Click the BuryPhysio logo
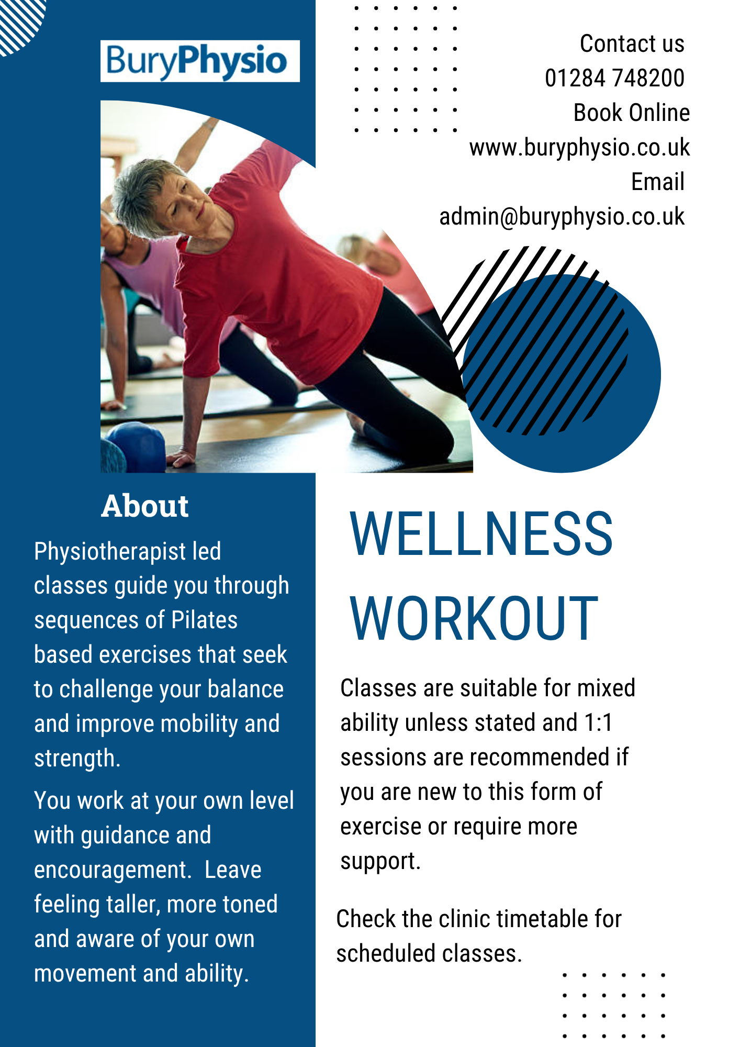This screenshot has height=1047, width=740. coord(200,61)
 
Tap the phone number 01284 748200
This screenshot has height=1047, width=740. coord(614,78)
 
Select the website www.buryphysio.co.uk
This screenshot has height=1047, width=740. coord(579,148)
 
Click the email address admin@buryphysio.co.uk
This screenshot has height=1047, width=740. coord(562,217)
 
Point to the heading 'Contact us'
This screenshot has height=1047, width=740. coord(632,43)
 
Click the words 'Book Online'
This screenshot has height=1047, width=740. coord(632,113)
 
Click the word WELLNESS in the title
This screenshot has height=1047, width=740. coord(481,533)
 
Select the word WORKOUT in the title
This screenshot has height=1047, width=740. coord(474,619)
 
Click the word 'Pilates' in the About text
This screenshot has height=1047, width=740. coord(205,620)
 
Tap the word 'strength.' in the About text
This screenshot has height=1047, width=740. coord(77,759)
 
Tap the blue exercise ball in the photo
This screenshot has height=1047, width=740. coord(137,445)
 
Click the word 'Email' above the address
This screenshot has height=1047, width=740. coord(658,182)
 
